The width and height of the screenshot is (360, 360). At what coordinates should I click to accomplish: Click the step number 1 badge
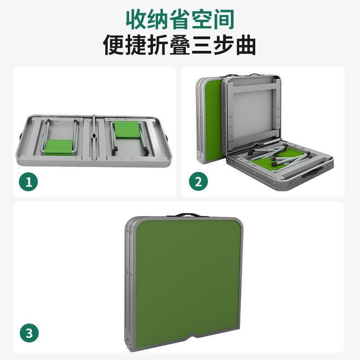(x=28, y=182)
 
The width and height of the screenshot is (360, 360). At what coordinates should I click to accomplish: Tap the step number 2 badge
(x=198, y=181)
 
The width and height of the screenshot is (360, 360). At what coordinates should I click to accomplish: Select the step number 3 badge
(x=29, y=333)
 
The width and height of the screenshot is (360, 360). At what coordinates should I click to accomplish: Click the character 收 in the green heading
(x=136, y=19)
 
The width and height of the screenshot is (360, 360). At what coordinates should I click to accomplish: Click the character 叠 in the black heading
(x=180, y=45)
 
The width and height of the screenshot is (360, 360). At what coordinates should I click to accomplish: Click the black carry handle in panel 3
(x=187, y=215)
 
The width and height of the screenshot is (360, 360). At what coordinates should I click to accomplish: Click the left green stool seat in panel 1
(x=59, y=147)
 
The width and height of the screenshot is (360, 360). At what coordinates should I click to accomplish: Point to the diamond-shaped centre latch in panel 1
(x=94, y=135)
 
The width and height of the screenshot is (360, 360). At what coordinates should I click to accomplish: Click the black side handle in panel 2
(x=313, y=172)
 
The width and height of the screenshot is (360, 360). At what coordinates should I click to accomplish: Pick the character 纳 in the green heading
(x=158, y=19)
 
